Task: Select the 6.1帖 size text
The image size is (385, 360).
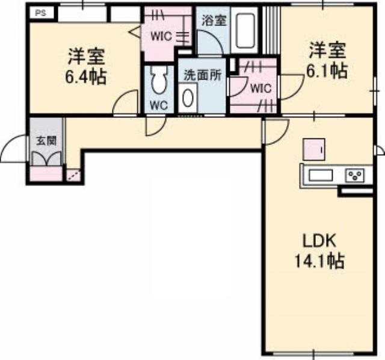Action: click(327, 70)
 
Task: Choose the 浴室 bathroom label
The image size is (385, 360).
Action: click(214, 20)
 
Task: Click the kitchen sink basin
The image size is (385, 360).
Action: click(321, 175)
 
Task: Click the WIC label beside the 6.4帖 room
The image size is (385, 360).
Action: click(161, 35)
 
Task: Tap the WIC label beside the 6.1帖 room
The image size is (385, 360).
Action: click(260, 88)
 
